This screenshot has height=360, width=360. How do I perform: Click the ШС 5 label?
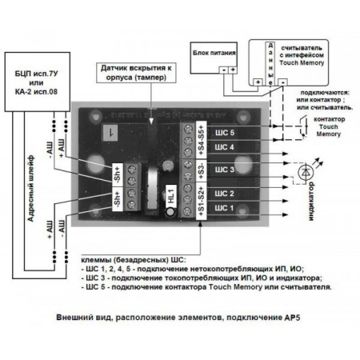226,132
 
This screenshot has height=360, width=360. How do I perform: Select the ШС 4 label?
226,147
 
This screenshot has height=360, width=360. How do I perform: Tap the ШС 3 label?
226,170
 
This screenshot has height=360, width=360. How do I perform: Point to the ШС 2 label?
226,194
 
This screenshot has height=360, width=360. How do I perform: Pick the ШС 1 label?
226,209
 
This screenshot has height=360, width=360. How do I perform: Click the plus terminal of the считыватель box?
258,82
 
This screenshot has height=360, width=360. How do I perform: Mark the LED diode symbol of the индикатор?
305,172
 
